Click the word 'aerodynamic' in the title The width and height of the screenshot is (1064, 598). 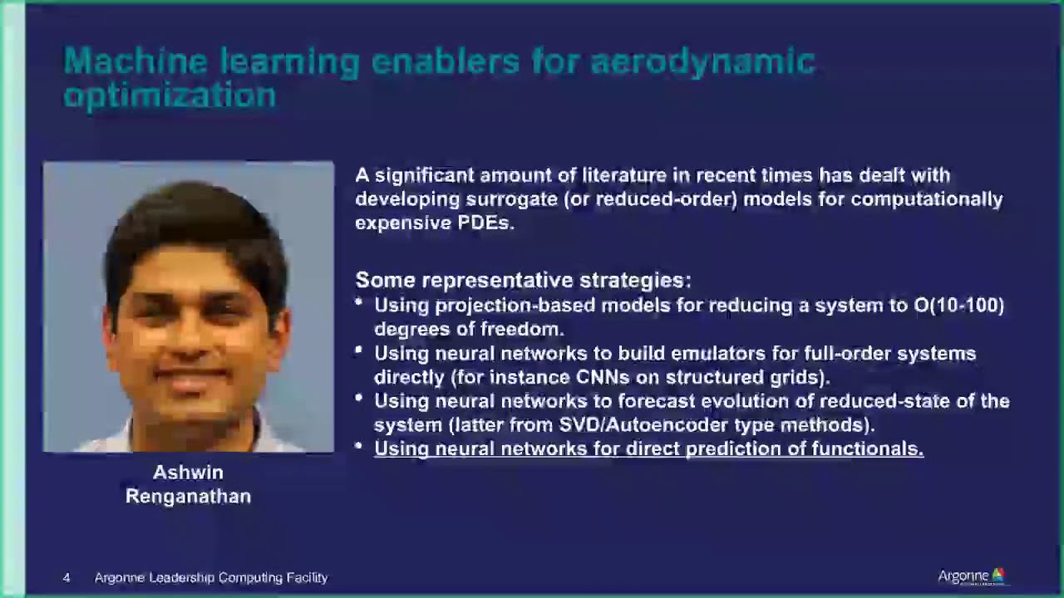pyautogui.click(x=702, y=61)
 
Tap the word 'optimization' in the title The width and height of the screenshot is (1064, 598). pyautogui.click(x=170, y=95)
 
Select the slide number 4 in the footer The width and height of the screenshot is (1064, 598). pyautogui.click(x=66, y=577)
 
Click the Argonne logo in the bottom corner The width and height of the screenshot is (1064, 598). pyautogui.click(x=971, y=576)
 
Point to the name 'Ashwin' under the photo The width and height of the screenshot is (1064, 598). pyautogui.click(x=188, y=473)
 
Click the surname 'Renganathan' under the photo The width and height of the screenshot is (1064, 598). pyautogui.click(x=188, y=497)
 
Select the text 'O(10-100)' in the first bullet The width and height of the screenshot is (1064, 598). pyautogui.click(x=959, y=306)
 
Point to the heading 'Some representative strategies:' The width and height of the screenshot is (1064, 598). pyautogui.click(x=523, y=280)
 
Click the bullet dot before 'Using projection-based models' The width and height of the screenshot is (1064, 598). pyautogui.click(x=359, y=303)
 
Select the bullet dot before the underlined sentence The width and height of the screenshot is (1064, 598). pyautogui.click(x=359, y=447)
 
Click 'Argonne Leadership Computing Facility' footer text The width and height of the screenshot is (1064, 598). pyautogui.click(x=211, y=577)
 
